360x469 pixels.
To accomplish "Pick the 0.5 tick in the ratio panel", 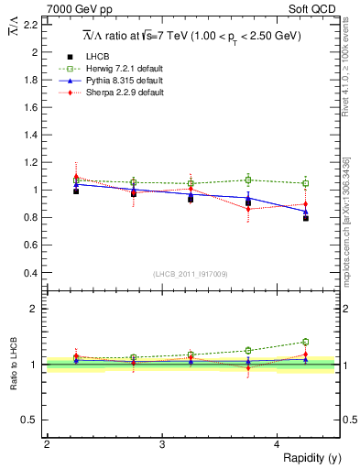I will [31, 420].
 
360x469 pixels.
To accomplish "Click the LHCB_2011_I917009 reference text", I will [189, 274].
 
